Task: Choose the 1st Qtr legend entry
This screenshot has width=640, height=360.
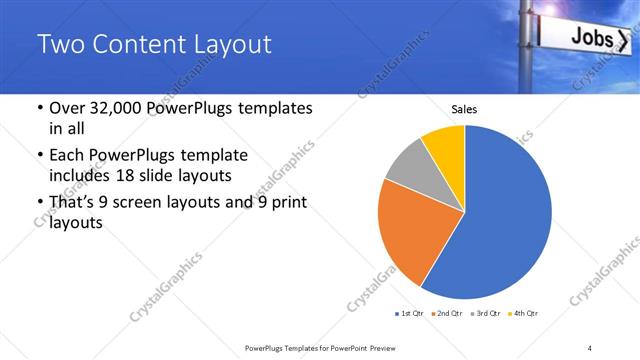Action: point(408,314)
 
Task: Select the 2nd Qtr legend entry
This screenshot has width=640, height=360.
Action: point(446,314)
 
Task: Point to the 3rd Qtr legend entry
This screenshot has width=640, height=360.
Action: point(484,314)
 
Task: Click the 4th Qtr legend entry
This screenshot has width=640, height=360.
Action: point(522,314)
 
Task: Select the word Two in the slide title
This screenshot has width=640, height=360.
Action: point(59,45)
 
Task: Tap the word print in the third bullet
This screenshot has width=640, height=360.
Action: point(285,203)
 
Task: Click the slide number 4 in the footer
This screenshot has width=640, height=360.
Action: point(590,347)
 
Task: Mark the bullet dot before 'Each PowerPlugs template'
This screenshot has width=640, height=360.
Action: point(39,157)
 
